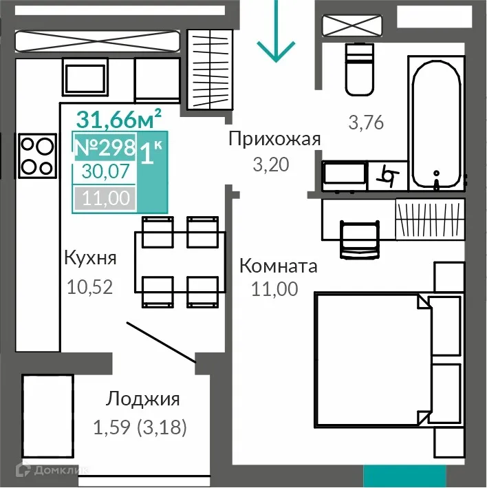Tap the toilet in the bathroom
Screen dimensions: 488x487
coord(359,69)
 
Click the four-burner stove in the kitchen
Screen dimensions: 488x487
coord(36,156)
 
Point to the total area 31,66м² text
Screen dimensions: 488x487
coord(119,118)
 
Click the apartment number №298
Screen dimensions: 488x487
coord(104,148)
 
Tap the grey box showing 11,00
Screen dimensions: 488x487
coord(105,198)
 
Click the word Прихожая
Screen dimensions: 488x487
coord(274,139)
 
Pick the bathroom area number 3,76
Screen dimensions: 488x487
coord(365,123)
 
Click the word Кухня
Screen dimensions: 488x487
coord(90,258)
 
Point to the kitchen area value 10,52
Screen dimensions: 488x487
coord(89,285)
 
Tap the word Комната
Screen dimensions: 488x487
coord(278,266)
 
